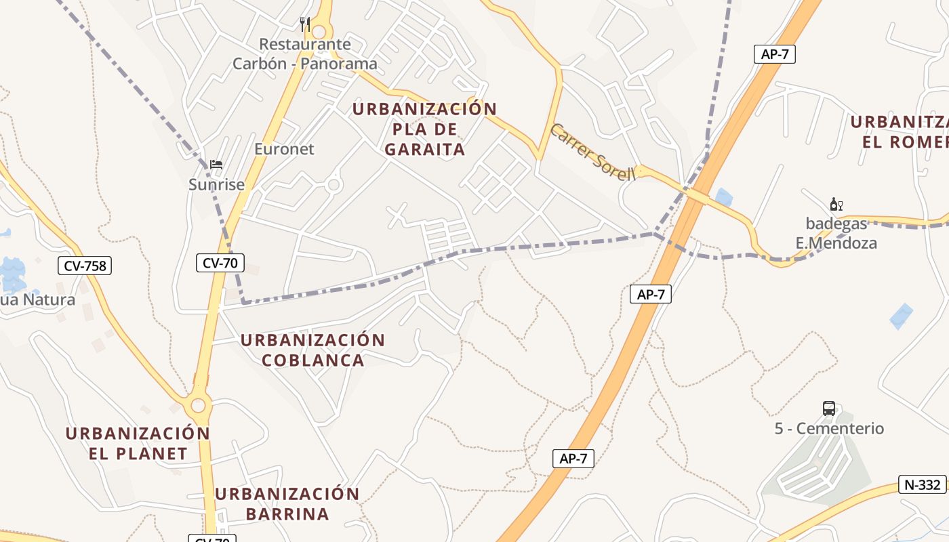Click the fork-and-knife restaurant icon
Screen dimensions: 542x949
click(x=305, y=24)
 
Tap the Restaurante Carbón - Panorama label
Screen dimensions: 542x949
click(x=305, y=54)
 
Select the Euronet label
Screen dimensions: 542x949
click(x=284, y=149)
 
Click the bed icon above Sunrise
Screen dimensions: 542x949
click(x=216, y=164)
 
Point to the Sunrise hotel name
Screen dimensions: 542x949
click(x=216, y=184)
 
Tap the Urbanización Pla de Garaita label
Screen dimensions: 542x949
click(x=425, y=129)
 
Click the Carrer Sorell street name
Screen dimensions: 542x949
click(x=592, y=152)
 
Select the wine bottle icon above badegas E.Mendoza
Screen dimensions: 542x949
click(x=836, y=204)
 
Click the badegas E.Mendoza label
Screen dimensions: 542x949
click(x=836, y=232)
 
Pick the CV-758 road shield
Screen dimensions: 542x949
click(x=84, y=266)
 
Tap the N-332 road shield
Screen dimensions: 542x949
click(x=923, y=484)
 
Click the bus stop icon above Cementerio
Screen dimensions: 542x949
click(x=829, y=408)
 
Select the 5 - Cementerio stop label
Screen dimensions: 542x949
click(x=829, y=428)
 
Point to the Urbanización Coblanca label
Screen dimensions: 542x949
click(x=313, y=350)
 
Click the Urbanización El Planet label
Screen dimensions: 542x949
click(x=138, y=443)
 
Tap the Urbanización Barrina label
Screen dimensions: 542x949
click(x=287, y=503)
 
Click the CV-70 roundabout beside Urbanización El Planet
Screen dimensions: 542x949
click(x=198, y=406)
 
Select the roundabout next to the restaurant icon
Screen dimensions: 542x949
click(x=319, y=31)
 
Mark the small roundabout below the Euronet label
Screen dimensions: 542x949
click(x=333, y=184)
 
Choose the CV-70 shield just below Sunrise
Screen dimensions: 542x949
click(x=220, y=262)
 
